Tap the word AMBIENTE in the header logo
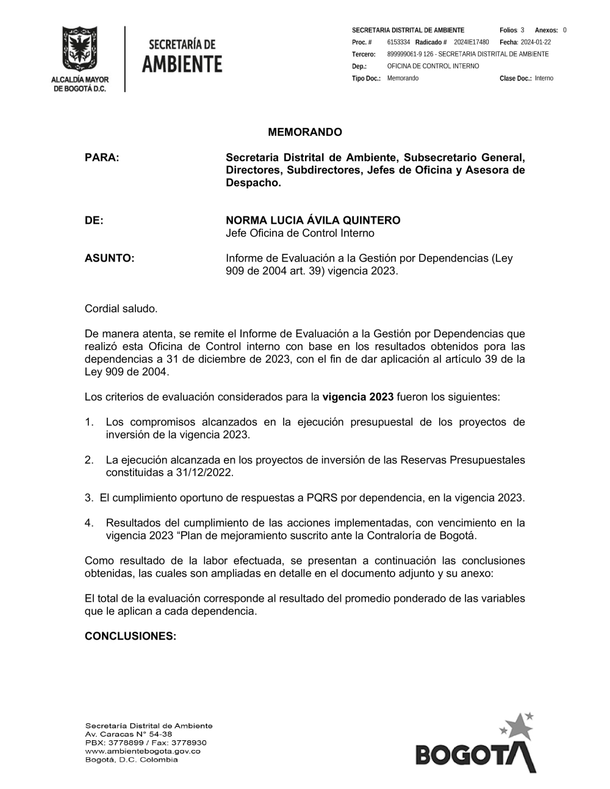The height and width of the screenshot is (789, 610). tap(182, 64)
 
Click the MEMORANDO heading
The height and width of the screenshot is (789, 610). tap(305, 132)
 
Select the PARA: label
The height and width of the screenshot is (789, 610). tap(102, 157)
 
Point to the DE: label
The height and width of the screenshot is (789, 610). tap(94, 220)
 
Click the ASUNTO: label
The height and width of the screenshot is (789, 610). tap(109, 258)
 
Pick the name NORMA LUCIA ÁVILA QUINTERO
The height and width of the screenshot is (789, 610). tap(313, 220)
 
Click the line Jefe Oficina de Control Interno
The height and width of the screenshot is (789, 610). tap(300, 233)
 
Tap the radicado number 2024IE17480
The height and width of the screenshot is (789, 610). tap(471, 42)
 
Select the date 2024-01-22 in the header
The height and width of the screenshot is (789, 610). tap(536, 42)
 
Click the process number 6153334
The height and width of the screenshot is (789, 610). tap(398, 42)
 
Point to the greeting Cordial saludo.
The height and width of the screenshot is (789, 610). tap(121, 309)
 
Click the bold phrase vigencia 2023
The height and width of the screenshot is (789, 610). tap(357, 397)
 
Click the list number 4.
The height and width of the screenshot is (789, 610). tap(88, 523)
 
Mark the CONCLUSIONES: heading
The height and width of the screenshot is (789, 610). tap(130, 636)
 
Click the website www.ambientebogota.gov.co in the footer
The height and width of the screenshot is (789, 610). tap(143, 751)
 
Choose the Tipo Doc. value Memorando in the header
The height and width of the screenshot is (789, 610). tap(403, 79)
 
